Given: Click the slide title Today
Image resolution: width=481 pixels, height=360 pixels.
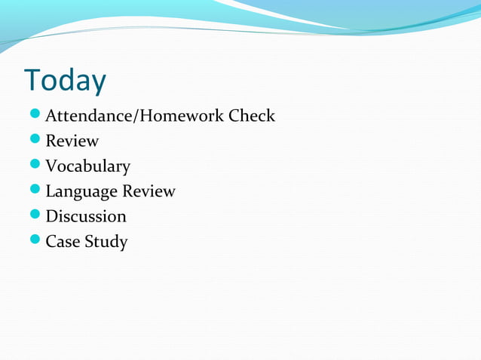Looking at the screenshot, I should [66, 81].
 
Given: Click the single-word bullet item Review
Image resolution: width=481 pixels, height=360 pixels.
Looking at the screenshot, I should [72, 141].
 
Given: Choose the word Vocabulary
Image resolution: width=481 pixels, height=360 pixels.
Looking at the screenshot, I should [87, 166].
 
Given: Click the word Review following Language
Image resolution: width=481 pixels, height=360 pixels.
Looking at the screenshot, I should [149, 191].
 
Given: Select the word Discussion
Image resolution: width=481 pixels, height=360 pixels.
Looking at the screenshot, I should [86, 217].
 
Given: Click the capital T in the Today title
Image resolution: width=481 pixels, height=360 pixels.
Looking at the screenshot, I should [32, 81].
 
